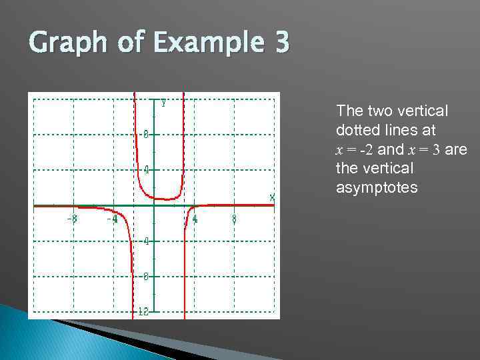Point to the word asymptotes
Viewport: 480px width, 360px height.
pyautogui.click(x=377, y=188)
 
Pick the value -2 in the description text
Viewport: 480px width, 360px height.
pyautogui.click(x=367, y=149)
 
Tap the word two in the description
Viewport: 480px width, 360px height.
pyautogui.click(x=378, y=110)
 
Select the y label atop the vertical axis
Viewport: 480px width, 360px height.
pyautogui.click(x=163, y=102)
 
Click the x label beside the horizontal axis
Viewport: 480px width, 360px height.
pyautogui.click(x=272, y=197)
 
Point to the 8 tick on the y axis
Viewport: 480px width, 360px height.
pyautogui.click(x=145, y=133)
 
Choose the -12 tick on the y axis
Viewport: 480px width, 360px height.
pyautogui.click(x=143, y=311)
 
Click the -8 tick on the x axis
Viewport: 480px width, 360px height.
pyautogui.click(x=71, y=218)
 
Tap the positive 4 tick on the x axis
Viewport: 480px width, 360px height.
pyautogui.click(x=195, y=218)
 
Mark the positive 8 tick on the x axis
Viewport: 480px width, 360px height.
pyautogui.click(x=234, y=218)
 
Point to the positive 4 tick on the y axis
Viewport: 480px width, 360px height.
pyautogui.click(x=145, y=169)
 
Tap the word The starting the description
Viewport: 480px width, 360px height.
pyautogui.click(x=350, y=110)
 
